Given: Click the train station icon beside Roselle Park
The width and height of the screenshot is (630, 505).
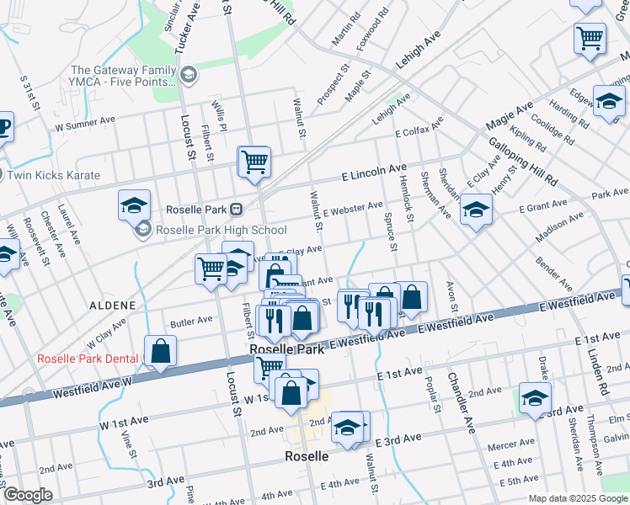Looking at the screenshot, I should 237,209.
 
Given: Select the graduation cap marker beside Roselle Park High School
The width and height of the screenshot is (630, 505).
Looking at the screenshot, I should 135,205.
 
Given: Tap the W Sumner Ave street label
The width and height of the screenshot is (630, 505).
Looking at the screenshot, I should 85,121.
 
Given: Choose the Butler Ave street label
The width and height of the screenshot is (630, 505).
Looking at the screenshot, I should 191,321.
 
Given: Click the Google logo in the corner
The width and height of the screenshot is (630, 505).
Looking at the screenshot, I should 29,495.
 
